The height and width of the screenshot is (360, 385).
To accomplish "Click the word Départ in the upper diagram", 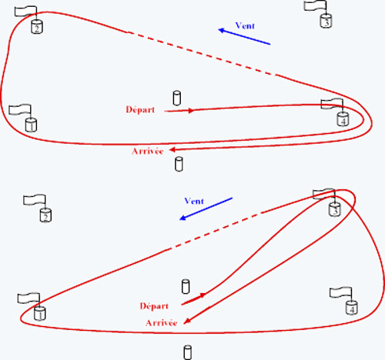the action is pyautogui.click(x=140, y=110).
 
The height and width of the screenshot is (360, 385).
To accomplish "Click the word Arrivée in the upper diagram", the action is pyautogui.click(x=148, y=152).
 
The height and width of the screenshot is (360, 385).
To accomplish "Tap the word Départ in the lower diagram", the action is pyautogui.click(x=154, y=306).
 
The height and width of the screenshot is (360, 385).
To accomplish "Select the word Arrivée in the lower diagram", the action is pyautogui.click(x=162, y=323).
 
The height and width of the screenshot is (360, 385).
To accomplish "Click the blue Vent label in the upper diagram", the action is pyautogui.click(x=245, y=25).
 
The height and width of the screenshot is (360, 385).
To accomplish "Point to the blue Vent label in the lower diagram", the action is pyautogui.click(x=194, y=201).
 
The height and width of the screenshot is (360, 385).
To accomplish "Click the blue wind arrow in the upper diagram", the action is pyautogui.click(x=244, y=37).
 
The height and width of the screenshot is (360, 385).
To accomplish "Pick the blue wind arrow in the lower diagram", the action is pyautogui.click(x=206, y=208).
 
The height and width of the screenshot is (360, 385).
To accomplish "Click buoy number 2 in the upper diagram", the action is pyautogui.click(x=37, y=27).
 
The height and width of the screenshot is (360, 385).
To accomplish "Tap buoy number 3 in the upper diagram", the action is pyautogui.click(x=326, y=21).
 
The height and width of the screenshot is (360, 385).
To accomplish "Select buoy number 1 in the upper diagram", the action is pyautogui.click(x=31, y=125).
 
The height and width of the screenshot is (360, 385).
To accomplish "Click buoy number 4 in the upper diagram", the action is pyautogui.click(x=343, y=119).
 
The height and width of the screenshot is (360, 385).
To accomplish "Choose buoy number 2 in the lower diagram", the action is pyautogui.click(x=45, y=215).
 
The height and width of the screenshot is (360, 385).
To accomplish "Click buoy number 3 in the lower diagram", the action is pyautogui.click(x=335, y=209).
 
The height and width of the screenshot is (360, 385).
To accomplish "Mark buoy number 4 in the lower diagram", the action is pyautogui.click(x=352, y=308).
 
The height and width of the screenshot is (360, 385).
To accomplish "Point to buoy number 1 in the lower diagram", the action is pyautogui.click(x=40, y=313).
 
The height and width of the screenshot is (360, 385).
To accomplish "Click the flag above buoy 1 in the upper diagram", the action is pyautogui.click(x=20, y=109).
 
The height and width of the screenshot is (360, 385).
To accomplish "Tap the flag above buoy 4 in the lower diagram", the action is pyautogui.click(x=340, y=292).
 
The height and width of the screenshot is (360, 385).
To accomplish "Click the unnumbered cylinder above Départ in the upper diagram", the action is pyautogui.click(x=176, y=98).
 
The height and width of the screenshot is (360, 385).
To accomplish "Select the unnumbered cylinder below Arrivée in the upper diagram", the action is pyautogui.click(x=179, y=164).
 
